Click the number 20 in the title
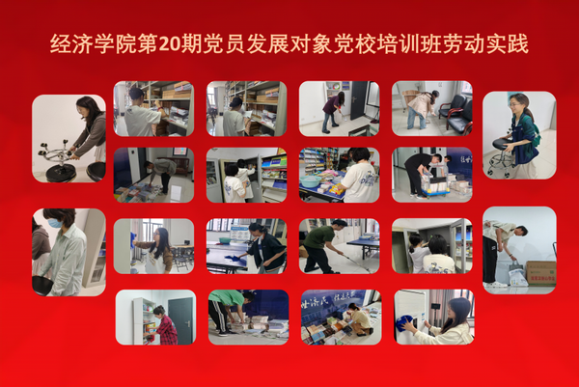click(169, 44)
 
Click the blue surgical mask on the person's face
click(55, 223)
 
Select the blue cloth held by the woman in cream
click(404, 322)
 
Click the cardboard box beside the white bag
click(541, 273)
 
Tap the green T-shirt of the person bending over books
click(227, 297)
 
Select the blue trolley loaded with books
click(436, 185)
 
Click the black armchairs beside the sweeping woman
click(456, 112)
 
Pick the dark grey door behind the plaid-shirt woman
click(181, 319)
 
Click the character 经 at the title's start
click(60, 44)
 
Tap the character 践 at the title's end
click(517, 44)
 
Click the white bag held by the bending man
click(517, 276)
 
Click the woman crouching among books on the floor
click(359, 319)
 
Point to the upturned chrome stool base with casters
click(55, 154)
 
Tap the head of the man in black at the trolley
click(436, 159)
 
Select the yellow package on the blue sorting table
click(337, 190)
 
